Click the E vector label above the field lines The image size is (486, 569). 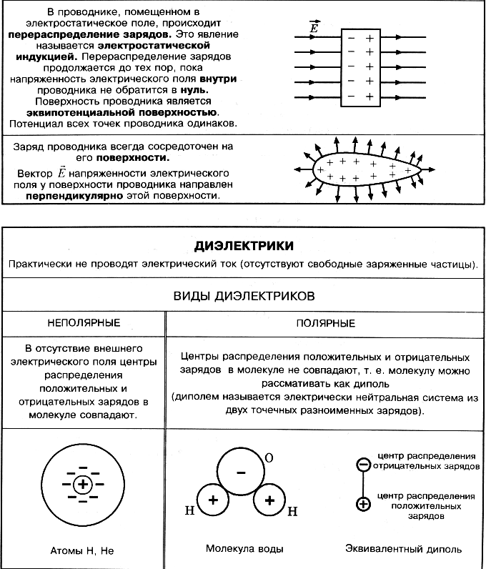pyautogui.click(x=314, y=26)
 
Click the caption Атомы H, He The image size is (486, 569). pyautogui.click(x=82, y=551)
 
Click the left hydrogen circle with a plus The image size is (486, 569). pyautogui.click(x=212, y=500)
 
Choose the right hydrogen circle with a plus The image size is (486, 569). pyautogui.click(x=269, y=500)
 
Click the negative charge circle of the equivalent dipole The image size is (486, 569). pyautogui.click(x=363, y=465)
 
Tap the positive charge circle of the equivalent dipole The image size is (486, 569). pyautogui.click(x=363, y=504)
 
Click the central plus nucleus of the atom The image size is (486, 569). pyautogui.click(x=84, y=485)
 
